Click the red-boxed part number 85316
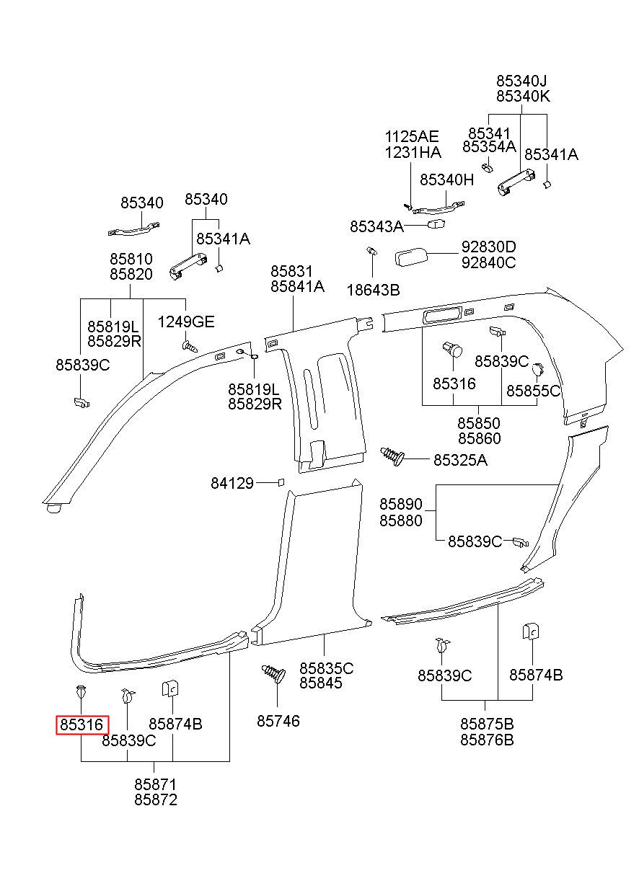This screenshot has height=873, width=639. pos(81,725)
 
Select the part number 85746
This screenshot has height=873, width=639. pos(278,721)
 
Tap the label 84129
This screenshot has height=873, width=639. pos(232,483)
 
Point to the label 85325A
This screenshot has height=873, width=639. pos(460,460)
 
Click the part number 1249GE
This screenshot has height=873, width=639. pos(186,322)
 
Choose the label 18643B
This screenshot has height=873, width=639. pos(373,290)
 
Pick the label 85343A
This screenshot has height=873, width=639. pos(376,226)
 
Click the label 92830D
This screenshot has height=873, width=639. pos(488,247)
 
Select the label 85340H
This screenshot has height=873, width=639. pos(446,180)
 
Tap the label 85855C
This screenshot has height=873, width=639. pos(534,391)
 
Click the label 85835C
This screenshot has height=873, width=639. pos(326,668)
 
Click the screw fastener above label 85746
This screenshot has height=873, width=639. pos(273,673)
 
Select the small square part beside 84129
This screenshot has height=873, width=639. pos(281,482)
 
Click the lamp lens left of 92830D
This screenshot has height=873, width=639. pos(410,257)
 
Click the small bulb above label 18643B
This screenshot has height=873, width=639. pos(372,250)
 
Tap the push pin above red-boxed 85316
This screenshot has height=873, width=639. pos(81,692)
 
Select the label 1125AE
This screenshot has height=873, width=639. pos(412,137)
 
